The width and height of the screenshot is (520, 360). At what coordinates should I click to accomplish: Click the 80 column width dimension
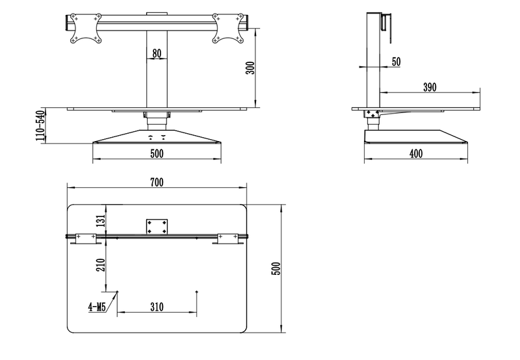point(157,53)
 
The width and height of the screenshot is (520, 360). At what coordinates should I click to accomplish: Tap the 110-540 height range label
point(40,126)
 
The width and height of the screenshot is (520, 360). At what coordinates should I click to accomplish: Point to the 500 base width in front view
point(157,154)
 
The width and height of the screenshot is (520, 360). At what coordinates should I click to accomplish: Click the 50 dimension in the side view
point(396,61)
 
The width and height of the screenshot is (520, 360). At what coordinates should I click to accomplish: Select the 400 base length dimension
point(417,154)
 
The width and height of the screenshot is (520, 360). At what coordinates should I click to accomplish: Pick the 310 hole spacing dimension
point(157,307)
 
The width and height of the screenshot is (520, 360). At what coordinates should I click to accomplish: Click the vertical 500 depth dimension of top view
point(276,268)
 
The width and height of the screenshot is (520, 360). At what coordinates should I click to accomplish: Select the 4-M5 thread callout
point(98,307)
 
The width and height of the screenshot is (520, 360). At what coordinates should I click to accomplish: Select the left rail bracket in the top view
point(85,238)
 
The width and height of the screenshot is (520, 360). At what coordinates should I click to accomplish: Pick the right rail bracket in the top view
point(228,238)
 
